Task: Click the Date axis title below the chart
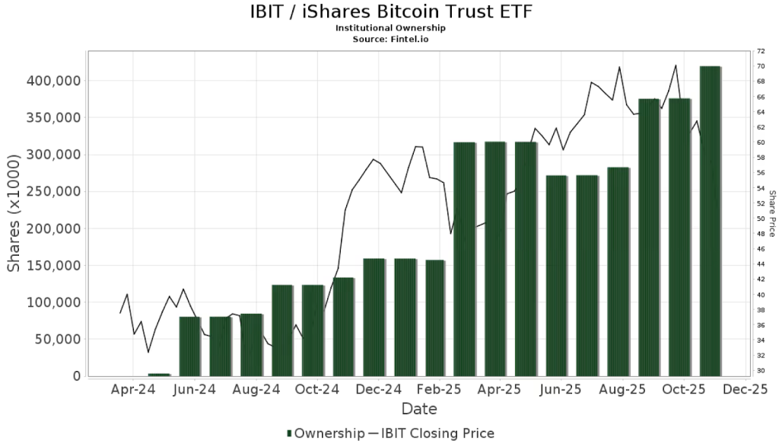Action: [418, 410]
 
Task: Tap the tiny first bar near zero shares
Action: [159, 375]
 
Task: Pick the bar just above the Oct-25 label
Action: [679, 237]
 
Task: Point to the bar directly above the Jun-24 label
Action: [190, 346]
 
